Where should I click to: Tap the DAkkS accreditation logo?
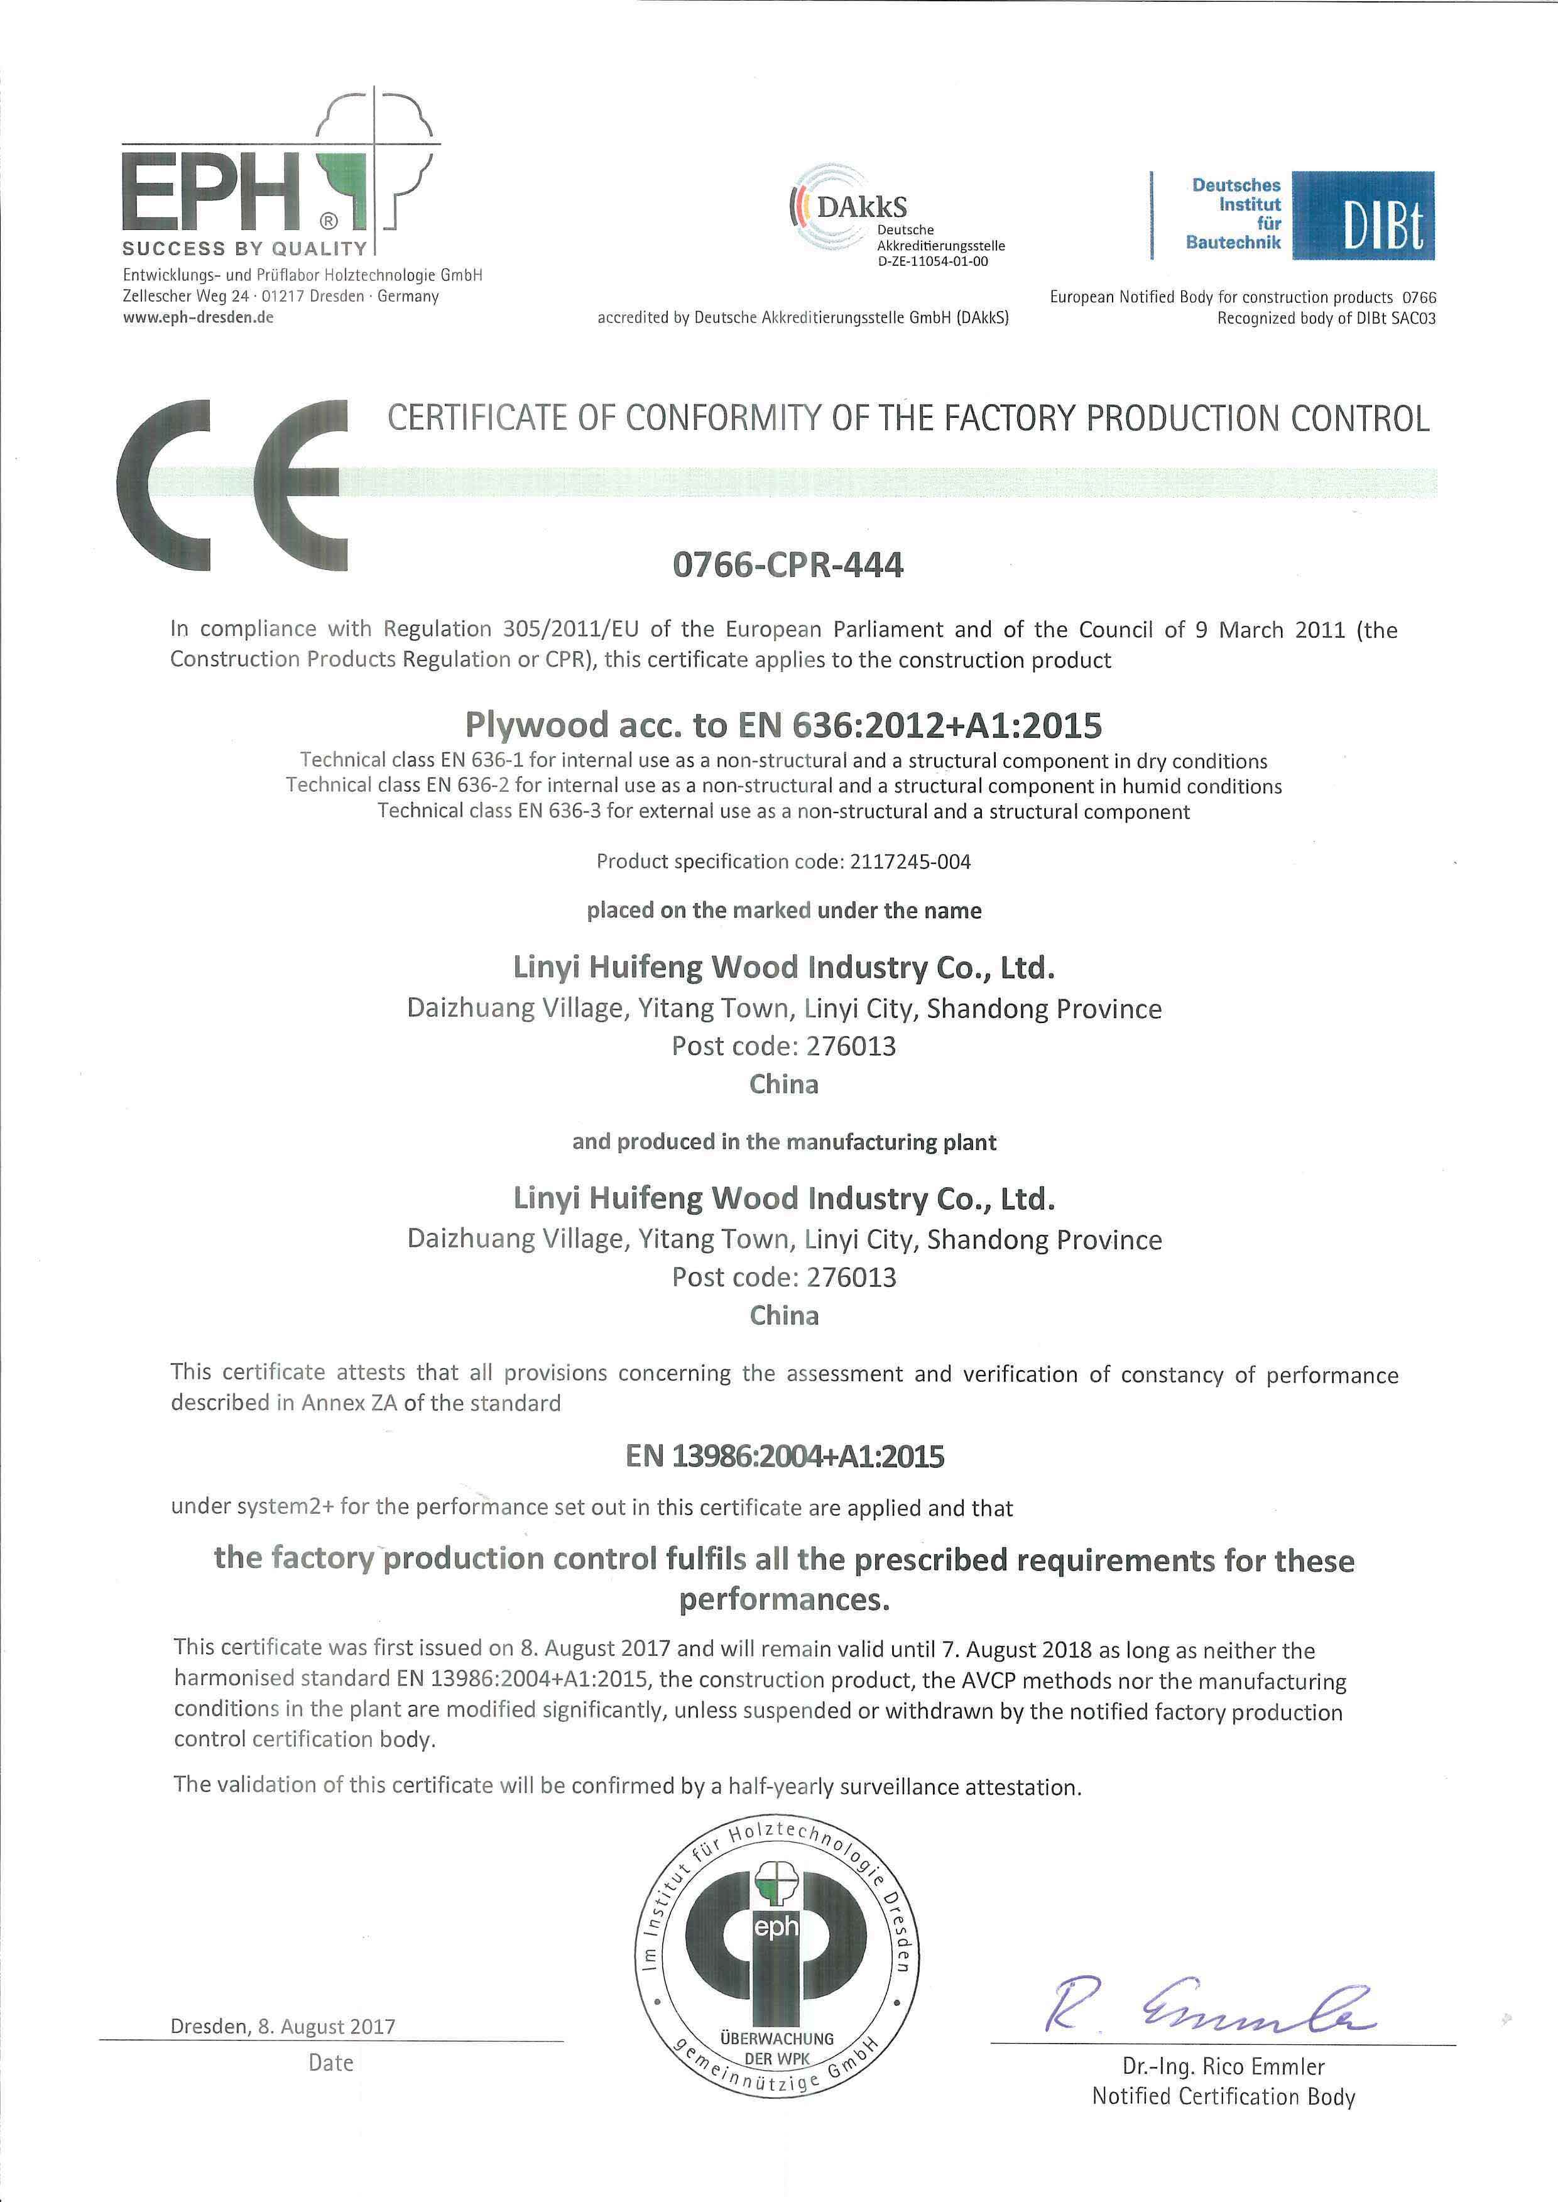pyautogui.click(x=849, y=206)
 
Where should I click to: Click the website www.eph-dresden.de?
pyautogui.click(x=198, y=317)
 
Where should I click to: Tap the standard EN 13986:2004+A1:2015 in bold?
pyautogui.click(x=784, y=1457)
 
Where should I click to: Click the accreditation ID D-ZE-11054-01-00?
pyautogui.click(x=932, y=261)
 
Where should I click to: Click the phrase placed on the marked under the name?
pyautogui.click(x=784, y=911)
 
